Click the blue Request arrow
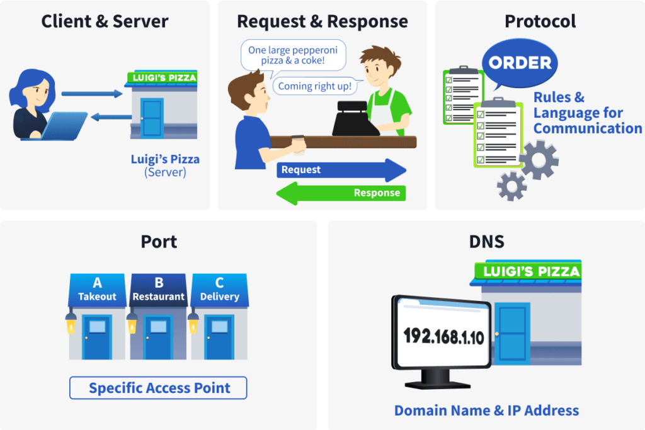[x=340, y=170]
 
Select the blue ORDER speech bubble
[x=520, y=64]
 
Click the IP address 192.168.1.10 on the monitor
[x=443, y=337]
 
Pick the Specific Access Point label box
[x=158, y=388]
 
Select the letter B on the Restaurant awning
[x=159, y=283]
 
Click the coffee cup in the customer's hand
[x=299, y=144]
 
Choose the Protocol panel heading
[x=540, y=21]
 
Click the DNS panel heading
[x=486, y=242]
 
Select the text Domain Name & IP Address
[x=486, y=410]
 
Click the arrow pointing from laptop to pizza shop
[x=92, y=94]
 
